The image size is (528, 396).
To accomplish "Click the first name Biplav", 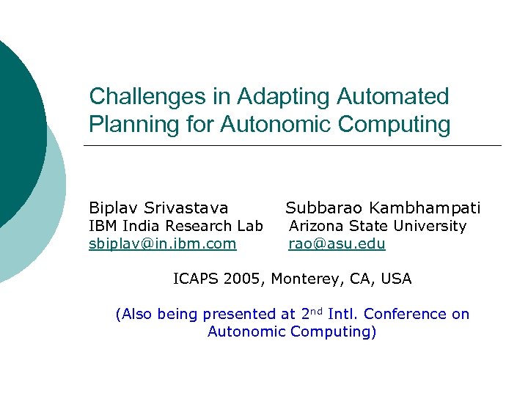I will pyautogui.click(x=112, y=208).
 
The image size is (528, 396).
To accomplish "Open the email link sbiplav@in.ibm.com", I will pyautogui.click(x=162, y=243).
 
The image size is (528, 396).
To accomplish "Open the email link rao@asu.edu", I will pyautogui.click(x=337, y=243).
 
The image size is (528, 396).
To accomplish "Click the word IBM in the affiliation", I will pyautogui.click(x=102, y=226).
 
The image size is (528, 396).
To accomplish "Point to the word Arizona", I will pyautogui.click(x=316, y=226).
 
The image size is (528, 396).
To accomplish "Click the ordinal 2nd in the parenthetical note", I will pyautogui.click(x=312, y=313).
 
